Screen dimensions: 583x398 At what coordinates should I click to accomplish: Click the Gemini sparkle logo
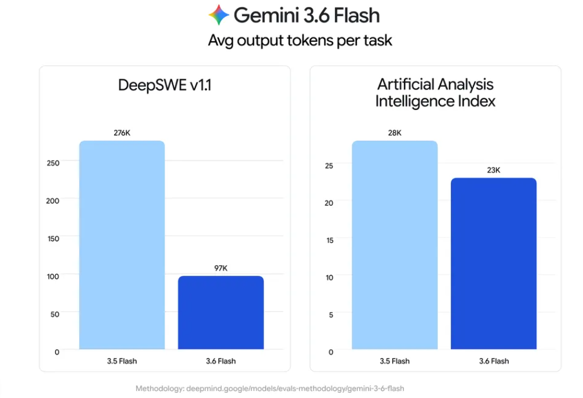point(218,15)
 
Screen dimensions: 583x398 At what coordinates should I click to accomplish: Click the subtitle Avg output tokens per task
point(300,41)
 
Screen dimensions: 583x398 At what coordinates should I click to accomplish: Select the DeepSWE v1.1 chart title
point(165,85)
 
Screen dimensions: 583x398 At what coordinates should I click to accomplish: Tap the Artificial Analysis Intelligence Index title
point(435,93)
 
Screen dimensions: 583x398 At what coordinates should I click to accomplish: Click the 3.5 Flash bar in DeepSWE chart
point(122,245)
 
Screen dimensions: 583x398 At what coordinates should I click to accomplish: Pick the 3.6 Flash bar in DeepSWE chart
point(221,312)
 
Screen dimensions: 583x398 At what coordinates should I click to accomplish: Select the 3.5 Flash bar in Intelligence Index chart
point(395,245)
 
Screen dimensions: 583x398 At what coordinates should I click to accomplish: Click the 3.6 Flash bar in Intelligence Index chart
point(494,264)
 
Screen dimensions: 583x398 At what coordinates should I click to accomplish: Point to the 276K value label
point(122,133)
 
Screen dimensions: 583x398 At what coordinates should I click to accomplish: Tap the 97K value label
point(221,268)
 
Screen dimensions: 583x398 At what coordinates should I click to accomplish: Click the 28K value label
point(395,133)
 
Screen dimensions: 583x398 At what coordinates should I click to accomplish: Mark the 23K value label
point(494,170)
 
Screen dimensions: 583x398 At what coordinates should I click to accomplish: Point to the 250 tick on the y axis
point(53,163)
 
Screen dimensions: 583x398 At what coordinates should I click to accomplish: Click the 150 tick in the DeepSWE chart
point(53,239)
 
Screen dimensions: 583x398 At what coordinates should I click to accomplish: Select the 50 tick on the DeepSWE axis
point(54,315)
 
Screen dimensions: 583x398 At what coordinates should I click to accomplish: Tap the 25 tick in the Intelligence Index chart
point(329,166)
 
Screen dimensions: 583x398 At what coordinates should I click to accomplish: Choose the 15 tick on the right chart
point(330,240)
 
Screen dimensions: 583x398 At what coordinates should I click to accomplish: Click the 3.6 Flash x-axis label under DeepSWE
point(221,361)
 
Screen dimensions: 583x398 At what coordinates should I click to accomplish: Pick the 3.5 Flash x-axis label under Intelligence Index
point(395,361)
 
